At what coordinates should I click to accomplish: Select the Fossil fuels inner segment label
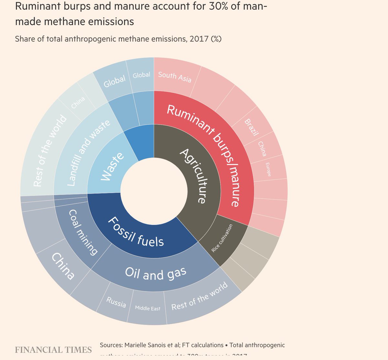tap(136, 232)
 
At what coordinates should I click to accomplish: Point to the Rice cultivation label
tap(222, 238)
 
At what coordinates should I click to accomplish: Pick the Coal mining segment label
tap(83, 232)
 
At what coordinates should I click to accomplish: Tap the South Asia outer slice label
tap(175, 77)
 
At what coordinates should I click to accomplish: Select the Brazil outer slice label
tap(251, 127)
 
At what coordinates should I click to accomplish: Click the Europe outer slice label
tap(268, 169)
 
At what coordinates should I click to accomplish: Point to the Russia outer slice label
tap(116, 302)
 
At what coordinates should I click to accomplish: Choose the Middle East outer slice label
tap(147, 308)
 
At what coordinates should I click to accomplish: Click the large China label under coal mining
tap(63, 266)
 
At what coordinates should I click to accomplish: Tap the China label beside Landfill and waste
tap(78, 103)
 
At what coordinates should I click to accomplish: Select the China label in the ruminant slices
tap(262, 148)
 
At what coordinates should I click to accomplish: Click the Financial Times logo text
tap(53, 350)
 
